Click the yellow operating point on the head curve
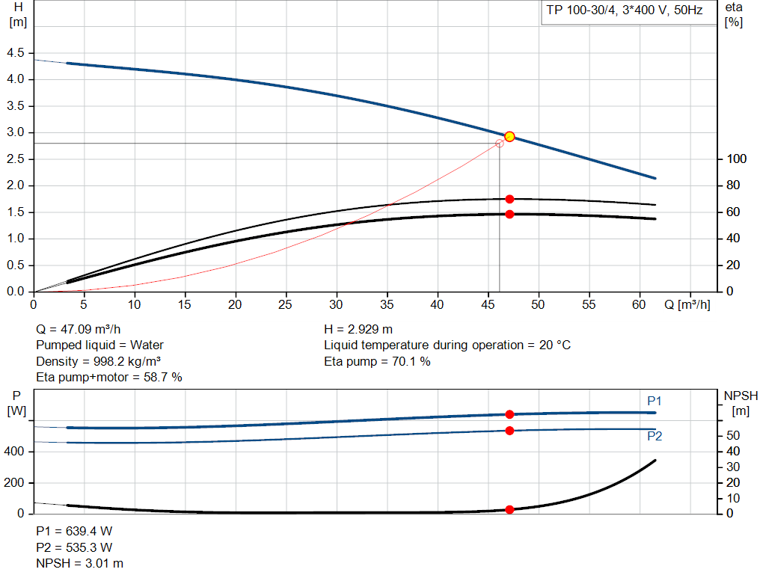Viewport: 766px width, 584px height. tap(509, 136)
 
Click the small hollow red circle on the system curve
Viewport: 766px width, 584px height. tap(500, 143)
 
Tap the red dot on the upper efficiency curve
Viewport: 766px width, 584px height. tap(509, 199)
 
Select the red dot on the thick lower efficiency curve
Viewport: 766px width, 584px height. tap(509, 214)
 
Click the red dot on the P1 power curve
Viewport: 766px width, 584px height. tap(509, 414)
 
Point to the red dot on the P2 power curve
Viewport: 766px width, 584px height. tap(509, 431)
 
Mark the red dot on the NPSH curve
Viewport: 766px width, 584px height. tap(509, 510)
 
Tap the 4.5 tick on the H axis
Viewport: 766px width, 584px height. tap(15, 53)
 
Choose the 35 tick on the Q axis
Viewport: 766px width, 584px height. tap(387, 305)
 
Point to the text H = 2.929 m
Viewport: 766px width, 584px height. tap(358, 329)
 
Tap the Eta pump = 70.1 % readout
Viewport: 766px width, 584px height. tap(377, 361)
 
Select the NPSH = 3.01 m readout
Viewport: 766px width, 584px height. tap(80, 563)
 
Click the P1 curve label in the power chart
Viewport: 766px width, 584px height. tap(655, 402)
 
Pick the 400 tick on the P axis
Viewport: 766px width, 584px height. tap(16, 452)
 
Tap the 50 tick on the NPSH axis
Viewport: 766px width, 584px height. tap(734, 435)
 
